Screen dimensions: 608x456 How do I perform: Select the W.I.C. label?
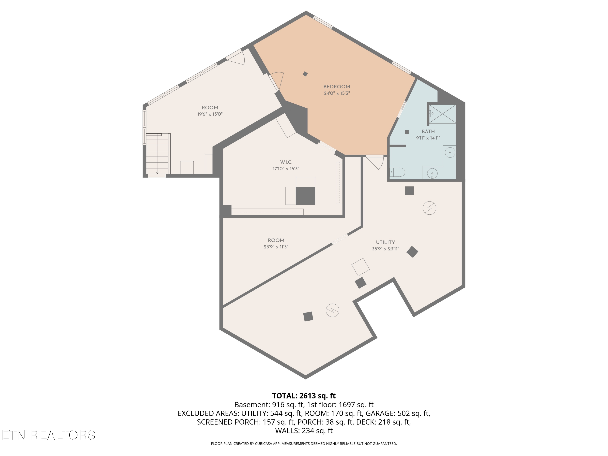(x=286, y=162)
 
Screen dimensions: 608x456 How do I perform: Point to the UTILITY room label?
(x=385, y=242)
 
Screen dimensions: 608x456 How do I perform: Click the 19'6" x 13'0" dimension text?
(x=210, y=114)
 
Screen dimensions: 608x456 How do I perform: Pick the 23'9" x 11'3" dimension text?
(x=276, y=247)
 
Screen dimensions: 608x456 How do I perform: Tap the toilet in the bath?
(x=397, y=172)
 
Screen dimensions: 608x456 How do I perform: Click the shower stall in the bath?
(x=442, y=114)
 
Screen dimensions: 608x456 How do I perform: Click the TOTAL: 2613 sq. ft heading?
(x=304, y=396)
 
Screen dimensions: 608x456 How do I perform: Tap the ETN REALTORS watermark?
(x=48, y=435)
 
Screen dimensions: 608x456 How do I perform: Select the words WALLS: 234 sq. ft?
(x=304, y=431)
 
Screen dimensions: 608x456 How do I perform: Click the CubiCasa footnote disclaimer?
(x=304, y=444)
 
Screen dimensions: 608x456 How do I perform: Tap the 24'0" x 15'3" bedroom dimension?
(x=337, y=93)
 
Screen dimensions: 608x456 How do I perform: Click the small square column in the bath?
(x=407, y=132)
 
